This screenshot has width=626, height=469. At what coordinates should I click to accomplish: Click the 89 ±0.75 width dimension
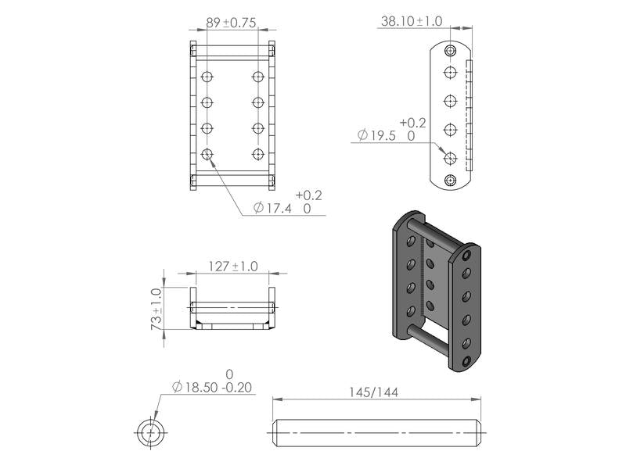coord(232,23)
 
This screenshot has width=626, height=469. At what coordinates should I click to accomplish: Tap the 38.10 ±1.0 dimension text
coord(410,22)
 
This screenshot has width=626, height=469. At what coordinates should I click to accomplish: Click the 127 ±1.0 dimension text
coord(232,266)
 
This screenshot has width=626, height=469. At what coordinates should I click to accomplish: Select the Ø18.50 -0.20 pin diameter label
coord(213,387)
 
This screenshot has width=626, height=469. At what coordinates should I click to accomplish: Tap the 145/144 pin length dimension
coord(373,392)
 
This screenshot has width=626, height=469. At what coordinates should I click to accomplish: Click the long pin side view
coord(378,432)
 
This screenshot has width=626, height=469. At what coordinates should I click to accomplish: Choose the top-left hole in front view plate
coord(207,77)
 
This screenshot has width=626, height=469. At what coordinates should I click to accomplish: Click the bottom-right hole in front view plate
coord(258,154)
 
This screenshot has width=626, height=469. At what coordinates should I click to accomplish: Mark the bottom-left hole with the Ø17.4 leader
coord(207,154)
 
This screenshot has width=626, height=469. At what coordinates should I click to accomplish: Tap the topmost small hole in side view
coord(450,51)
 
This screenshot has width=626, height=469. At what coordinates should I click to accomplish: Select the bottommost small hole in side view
coord(450,181)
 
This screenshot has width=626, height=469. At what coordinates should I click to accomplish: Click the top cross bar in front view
coord(232,50)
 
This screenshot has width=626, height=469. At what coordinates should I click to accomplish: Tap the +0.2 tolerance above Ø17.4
coord(309,195)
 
